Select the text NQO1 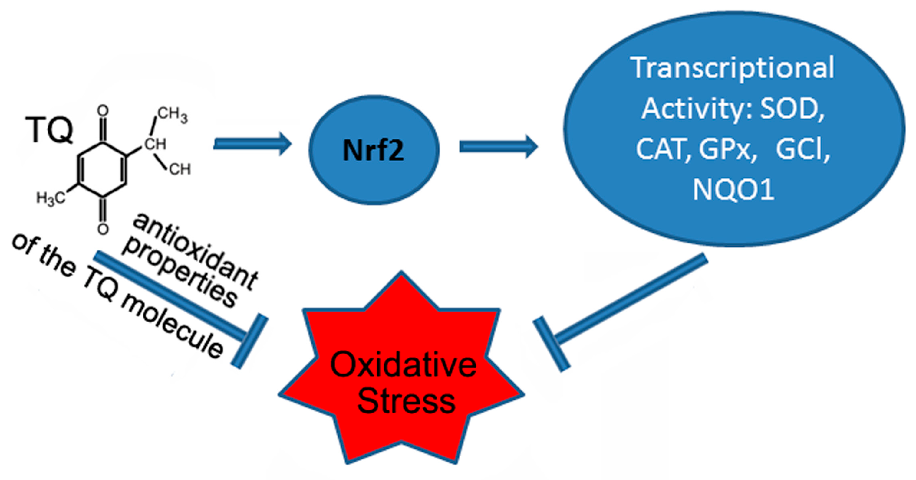click(x=733, y=190)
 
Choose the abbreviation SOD click(x=792, y=108)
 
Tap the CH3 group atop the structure click(x=173, y=115)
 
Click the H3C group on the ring click(x=51, y=198)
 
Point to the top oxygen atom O click(x=103, y=110)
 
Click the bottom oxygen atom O click(x=103, y=229)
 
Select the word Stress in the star click(x=406, y=401)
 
